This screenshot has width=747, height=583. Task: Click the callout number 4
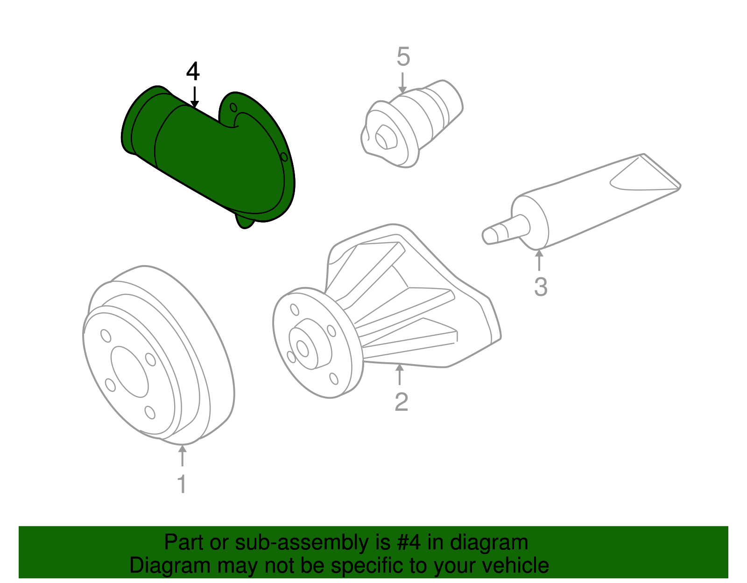tap(193, 72)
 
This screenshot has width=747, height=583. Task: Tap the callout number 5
tap(403, 57)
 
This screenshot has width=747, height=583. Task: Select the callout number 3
tap(541, 287)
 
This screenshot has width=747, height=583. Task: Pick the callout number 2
tap(401, 402)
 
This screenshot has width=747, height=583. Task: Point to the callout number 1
tap(182, 484)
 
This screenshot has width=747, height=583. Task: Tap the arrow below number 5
tap(402, 83)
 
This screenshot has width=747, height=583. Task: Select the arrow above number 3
tap(539, 260)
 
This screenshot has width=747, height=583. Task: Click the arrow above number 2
tap(399, 374)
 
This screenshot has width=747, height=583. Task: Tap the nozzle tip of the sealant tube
tap(488, 235)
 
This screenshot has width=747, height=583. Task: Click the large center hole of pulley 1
tap(129, 372)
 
